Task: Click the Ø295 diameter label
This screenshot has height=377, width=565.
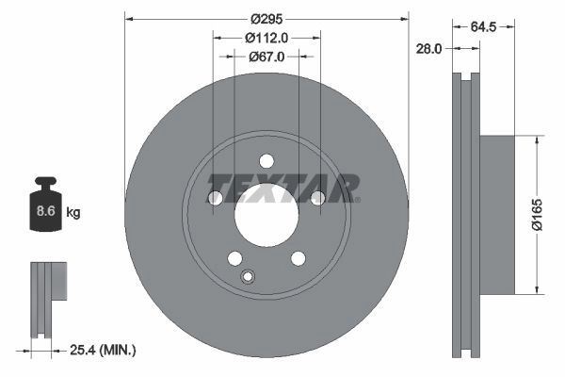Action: (266, 19)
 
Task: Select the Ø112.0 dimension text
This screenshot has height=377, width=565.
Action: (266, 38)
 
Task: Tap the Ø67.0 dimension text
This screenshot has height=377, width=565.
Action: (266, 57)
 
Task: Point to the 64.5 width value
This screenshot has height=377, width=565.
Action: (484, 26)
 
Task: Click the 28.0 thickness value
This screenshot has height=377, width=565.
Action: (428, 49)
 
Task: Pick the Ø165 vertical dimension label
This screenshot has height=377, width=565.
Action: (537, 214)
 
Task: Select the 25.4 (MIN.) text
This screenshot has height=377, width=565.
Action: (103, 350)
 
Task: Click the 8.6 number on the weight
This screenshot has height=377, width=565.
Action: (46, 211)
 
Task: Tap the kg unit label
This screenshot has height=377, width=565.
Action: (73, 212)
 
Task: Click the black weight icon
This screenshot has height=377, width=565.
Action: (45, 204)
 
